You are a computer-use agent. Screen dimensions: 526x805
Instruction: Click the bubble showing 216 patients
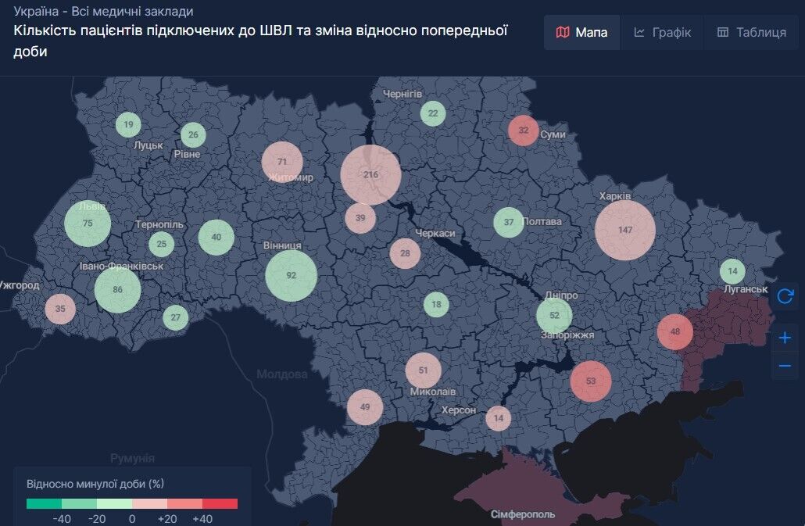(x=370, y=175)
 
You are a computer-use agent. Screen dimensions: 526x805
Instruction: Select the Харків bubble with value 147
(x=624, y=230)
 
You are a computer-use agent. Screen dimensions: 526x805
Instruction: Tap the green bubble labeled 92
(x=291, y=275)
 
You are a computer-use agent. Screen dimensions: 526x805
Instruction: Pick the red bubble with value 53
(x=590, y=381)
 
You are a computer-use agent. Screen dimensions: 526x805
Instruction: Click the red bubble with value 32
(x=524, y=130)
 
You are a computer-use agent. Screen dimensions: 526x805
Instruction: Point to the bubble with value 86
(x=117, y=290)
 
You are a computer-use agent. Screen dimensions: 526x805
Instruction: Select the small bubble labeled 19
(x=129, y=124)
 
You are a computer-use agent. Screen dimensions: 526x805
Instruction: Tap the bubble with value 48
(x=675, y=331)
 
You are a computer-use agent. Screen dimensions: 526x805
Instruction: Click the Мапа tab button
(x=581, y=32)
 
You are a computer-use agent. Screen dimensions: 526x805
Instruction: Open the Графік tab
(x=662, y=32)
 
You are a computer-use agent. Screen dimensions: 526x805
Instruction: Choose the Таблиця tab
(x=751, y=32)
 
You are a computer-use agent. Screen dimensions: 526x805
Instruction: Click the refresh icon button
(x=785, y=296)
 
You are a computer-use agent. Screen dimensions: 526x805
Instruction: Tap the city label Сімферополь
(x=523, y=514)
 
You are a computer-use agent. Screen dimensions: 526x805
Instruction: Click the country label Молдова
(x=281, y=374)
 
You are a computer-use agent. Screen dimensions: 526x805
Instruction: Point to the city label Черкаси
(x=435, y=233)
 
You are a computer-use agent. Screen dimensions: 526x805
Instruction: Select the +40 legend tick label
(x=202, y=519)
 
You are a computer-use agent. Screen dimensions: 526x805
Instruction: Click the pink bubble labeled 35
(x=60, y=309)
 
